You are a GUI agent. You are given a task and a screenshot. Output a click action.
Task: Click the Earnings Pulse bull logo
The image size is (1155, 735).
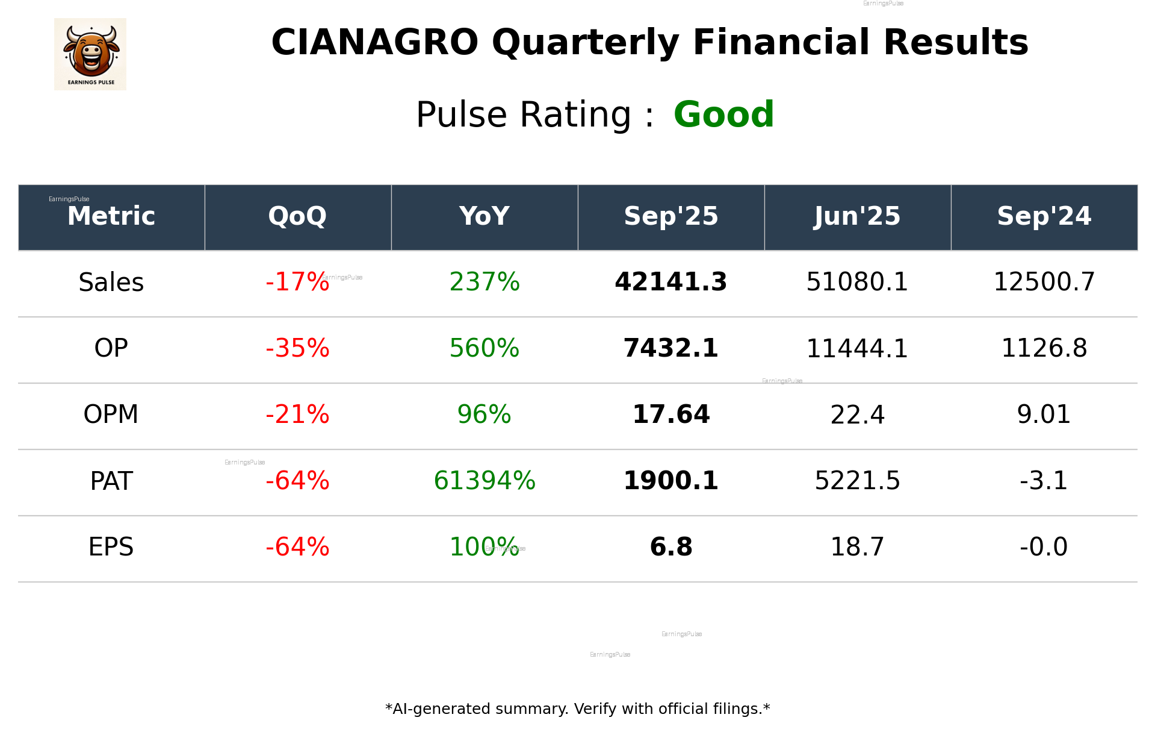click(x=90, y=54)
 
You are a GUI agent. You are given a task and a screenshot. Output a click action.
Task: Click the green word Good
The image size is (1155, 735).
click(x=723, y=114)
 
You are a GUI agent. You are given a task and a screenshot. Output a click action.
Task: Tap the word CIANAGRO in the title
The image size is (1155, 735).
click(x=374, y=43)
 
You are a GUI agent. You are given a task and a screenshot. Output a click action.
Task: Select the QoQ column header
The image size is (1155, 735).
click(x=297, y=216)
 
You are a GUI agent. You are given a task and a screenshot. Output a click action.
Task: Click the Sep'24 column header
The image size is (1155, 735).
click(x=1044, y=216)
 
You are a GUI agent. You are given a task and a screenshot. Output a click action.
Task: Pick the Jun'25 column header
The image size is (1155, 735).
click(x=857, y=216)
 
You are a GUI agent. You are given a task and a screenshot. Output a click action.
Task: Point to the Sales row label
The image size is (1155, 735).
click(x=111, y=283)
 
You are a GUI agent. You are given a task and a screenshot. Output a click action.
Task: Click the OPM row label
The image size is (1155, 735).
click(x=111, y=414)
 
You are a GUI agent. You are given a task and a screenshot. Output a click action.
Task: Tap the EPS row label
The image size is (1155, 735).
click(x=111, y=547)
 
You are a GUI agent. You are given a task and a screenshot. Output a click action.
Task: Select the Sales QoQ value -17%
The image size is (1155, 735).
click(x=297, y=283)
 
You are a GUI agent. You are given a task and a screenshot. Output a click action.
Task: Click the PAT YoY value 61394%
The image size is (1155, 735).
click(x=485, y=481)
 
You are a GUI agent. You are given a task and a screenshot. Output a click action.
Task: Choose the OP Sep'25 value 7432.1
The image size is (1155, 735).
click(x=670, y=348)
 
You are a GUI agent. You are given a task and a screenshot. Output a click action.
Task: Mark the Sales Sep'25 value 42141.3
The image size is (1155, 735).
click(x=670, y=283)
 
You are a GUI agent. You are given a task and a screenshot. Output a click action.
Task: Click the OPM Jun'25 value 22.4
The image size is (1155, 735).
click(x=857, y=415)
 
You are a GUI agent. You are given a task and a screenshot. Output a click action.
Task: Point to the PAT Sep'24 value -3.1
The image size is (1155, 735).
click(x=1044, y=481)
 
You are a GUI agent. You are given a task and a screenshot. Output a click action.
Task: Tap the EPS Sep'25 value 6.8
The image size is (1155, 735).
click(x=670, y=547)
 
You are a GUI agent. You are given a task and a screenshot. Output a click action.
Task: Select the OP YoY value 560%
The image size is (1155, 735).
click(x=485, y=348)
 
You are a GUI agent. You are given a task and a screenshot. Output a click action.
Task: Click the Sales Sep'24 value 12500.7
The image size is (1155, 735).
click(x=1044, y=283)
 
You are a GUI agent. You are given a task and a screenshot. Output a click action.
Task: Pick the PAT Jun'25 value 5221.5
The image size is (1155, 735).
click(x=857, y=481)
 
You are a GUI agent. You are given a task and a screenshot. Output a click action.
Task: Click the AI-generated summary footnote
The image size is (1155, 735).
click(x=577, y=709)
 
